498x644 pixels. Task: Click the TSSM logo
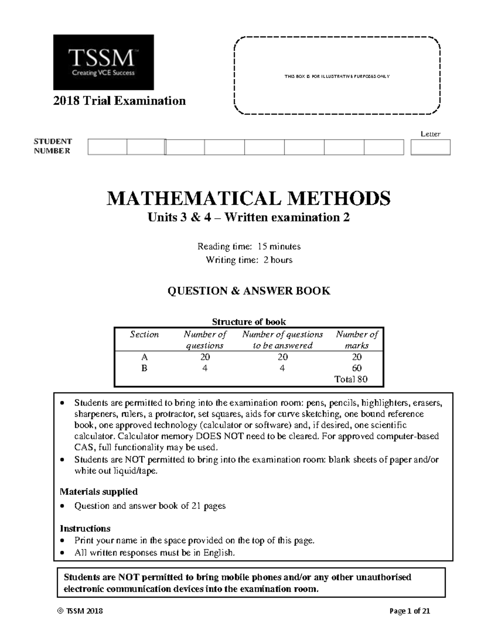pos(103,62)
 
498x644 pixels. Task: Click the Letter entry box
pos(430,147)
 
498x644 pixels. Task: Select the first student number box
pos(107,147)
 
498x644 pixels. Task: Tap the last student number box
pos(384,147)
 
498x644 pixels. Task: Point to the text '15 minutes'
pos(279,246)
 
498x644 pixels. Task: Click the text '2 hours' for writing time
pos(278,260)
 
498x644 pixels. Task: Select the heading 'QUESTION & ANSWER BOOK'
pos(249,291)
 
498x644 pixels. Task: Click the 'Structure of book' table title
pos(249,322)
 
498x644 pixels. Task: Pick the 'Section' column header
pos(144,335)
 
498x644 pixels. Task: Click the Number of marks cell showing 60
pos(356,368)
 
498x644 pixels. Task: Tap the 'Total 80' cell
pos(351,379)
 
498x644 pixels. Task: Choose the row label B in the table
pos(144,368)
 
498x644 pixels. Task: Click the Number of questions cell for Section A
pos(205,357)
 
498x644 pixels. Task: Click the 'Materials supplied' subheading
pos(99,491)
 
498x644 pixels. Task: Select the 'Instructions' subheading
pos(85,528)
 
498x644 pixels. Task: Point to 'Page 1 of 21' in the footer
pos(410,611)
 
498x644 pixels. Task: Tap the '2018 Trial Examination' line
pos(120,101)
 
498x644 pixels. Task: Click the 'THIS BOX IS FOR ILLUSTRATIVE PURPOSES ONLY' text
pos(337,76)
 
